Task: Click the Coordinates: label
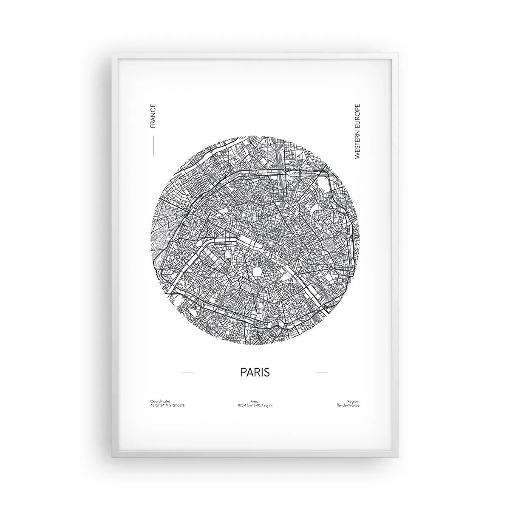point(161,401)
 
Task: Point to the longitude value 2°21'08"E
point(177,405)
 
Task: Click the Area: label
point(255,401)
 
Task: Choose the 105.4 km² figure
point(246,405)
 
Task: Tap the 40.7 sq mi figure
point(264,405)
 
